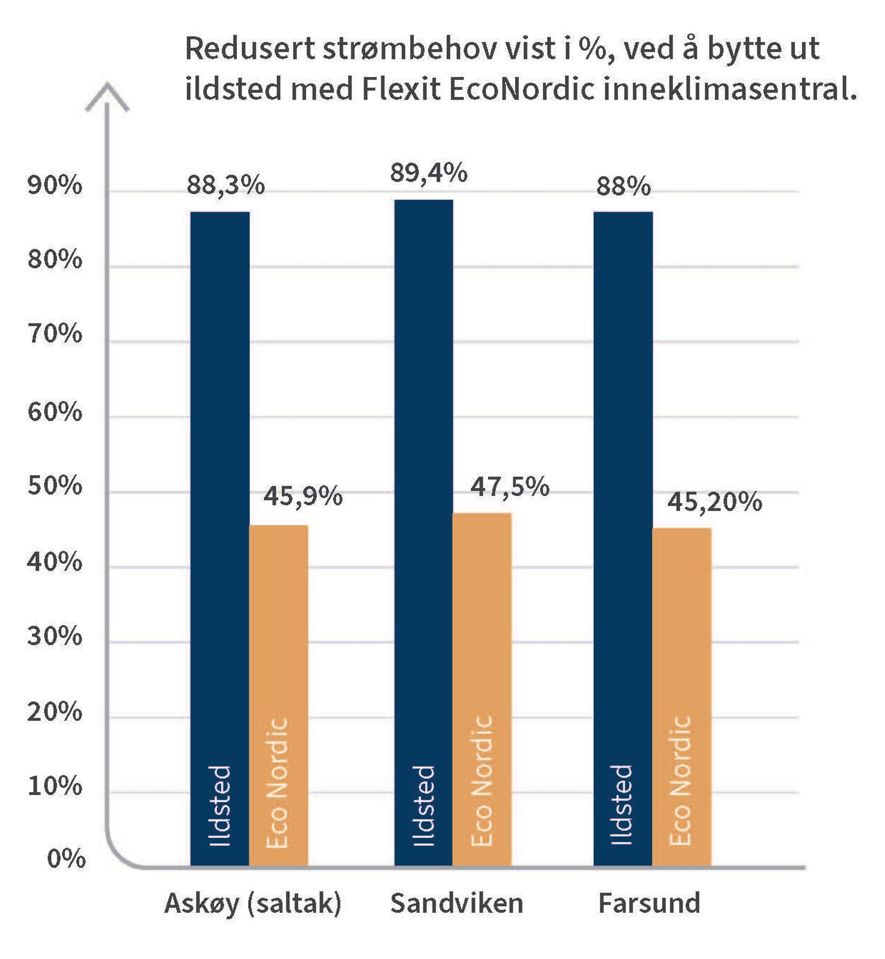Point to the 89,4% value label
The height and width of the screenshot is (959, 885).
point(429,173)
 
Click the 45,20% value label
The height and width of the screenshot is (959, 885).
point(714,502)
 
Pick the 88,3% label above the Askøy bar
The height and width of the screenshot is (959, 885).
point(225,185)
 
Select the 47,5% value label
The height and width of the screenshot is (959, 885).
point(509,487)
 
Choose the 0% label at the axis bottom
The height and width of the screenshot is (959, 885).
point(66,859)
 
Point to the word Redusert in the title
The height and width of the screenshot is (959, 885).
point(250,48)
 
